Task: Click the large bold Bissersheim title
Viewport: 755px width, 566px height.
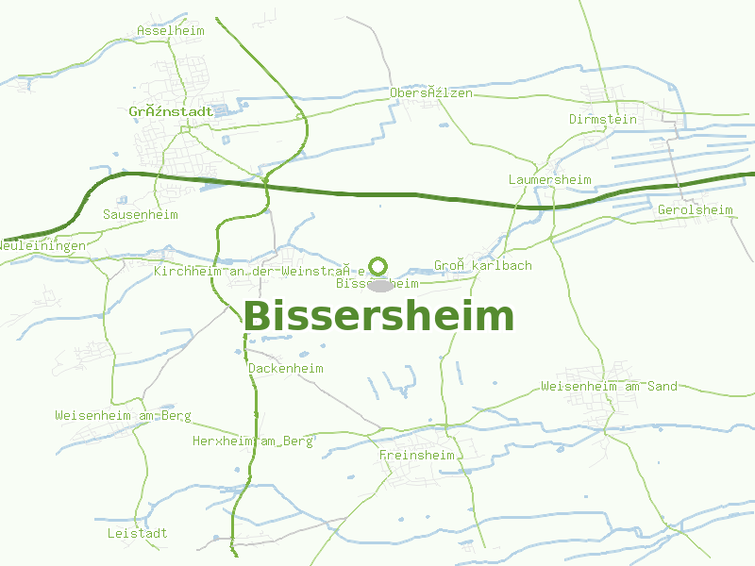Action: point(378,317)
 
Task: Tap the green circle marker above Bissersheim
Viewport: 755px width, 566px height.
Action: point(378,266)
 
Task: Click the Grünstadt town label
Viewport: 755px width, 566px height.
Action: point(171,111)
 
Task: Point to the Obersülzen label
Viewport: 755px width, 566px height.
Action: point(431,93)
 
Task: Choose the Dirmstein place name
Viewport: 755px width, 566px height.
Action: point(603,120)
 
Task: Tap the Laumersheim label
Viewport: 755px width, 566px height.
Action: point(549,180)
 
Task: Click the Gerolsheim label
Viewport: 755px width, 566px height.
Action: point(696,209)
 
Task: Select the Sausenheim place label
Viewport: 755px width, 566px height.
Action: point(141,215)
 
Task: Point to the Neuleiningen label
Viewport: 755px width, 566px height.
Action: point(42,245)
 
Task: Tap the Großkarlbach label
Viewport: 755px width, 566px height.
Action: point(483,266)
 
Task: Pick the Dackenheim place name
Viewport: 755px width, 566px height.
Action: point(286,369)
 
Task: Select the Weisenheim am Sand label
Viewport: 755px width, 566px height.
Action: point(610,387)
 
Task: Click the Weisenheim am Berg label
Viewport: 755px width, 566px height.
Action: point(123,416)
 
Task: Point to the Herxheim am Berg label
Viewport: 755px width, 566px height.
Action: point(252,441)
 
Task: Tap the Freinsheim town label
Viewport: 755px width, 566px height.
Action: point(416,456)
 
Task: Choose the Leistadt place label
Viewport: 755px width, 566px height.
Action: point(138,534)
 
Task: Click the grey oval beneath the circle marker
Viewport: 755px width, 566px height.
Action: point(380,285)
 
